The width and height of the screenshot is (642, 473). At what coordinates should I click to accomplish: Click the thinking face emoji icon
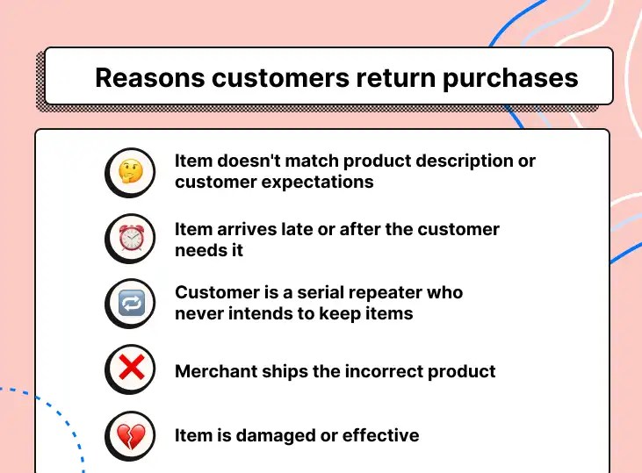131,171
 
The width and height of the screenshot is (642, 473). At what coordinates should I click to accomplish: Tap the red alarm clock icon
131,238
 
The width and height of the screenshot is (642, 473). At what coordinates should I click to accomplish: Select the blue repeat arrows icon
131,304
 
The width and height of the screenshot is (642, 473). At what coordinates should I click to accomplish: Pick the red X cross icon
131,369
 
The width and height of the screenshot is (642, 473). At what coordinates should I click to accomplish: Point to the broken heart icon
131,435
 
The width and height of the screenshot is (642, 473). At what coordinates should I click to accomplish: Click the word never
200,313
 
